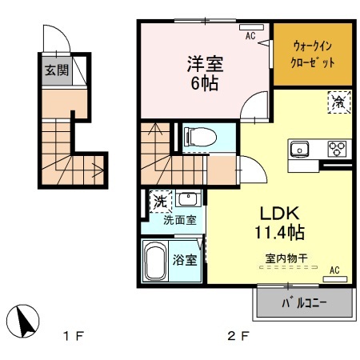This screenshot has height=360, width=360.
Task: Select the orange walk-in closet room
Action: pos(313,55)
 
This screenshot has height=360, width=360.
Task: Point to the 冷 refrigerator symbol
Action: pos(338,102)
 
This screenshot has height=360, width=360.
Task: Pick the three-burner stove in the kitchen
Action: pos(338,148)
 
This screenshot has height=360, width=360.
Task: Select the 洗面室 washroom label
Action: pos(180,220)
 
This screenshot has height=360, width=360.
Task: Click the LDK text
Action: pos(277,214)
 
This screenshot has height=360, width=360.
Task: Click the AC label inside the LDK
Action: pos(334,270)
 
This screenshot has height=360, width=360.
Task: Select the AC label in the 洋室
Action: pos(250,36)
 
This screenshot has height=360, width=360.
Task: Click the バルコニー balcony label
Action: pos(303,305)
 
